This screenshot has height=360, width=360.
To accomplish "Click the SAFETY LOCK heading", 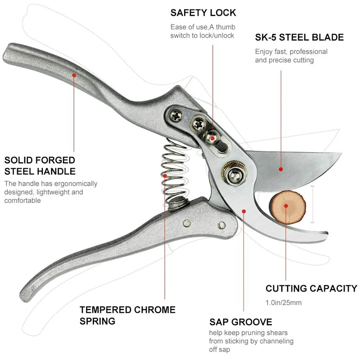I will coord(203,13).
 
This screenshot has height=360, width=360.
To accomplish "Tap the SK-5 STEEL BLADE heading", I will coord(299,37).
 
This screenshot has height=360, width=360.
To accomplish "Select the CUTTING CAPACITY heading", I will coord(311,288).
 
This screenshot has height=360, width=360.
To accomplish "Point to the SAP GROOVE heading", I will coord(241,322).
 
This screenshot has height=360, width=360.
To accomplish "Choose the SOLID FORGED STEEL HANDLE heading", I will coord(40,165).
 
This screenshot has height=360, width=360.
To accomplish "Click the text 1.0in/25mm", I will coord(283,302).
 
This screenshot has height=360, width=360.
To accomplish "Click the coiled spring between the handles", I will coord(171,171).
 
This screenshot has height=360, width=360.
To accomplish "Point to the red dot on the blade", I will coord(280,169).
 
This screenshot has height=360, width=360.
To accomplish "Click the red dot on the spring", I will coord(165,175).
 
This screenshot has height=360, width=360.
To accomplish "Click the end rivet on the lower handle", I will coord(221,225).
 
